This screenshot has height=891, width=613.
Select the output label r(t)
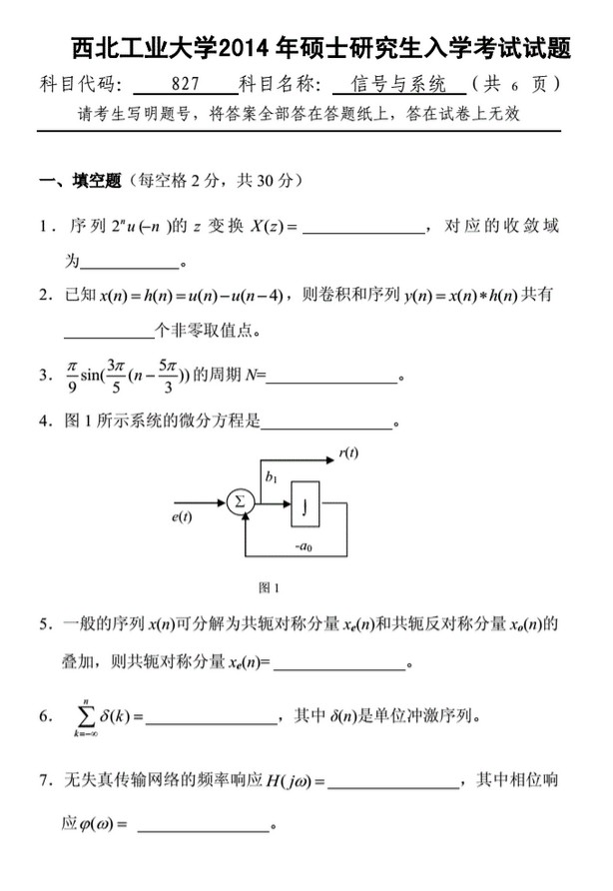[x=348, y=452]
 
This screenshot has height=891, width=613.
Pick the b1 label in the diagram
[x=271, y=477]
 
